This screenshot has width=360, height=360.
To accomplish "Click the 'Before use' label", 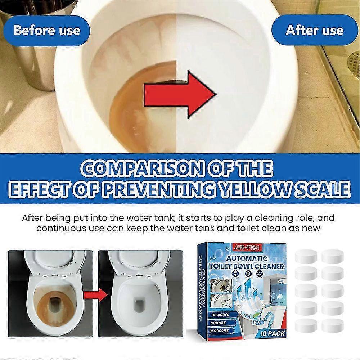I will [46, 30].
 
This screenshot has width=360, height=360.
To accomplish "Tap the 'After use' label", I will [314, 30].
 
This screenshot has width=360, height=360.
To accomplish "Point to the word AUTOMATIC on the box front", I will [247, 258].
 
